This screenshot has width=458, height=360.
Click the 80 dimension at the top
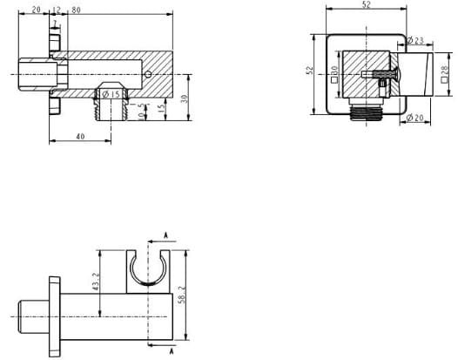click(76, 10)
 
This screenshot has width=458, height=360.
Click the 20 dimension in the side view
click(35, 10)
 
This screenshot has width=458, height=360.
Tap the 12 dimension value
click(57, 10)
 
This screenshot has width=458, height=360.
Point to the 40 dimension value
click(80, 137)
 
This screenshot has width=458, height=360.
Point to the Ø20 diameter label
click(414, 118)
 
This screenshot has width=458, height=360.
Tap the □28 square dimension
click(445, 79)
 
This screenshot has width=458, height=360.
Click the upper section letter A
click(166, 235)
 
